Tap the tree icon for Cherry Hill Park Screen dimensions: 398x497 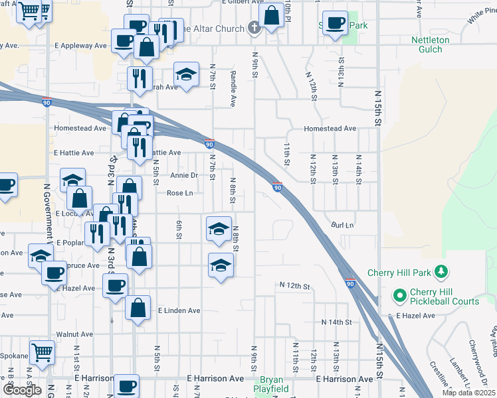[x=439, y=272]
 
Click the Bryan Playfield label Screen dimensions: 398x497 [x=268, y=385]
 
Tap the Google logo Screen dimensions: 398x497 [x=22, y=390]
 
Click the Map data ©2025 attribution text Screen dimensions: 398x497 [x=468, y=393]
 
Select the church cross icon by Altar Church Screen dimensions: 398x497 [x=252, y=28]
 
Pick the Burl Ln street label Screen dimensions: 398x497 [x=343, y=226]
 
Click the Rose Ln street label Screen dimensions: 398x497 [x=179, y=193]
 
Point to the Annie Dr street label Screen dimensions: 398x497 [x=184, y=175]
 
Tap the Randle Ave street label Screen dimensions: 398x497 [x=233, y=89]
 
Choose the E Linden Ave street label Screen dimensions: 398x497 [x=179, y=310]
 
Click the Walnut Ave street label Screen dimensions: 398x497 [x=74, y=334]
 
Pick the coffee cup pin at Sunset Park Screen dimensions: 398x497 [x=335, y=24]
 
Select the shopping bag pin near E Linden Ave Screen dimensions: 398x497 [x=138, y=308]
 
